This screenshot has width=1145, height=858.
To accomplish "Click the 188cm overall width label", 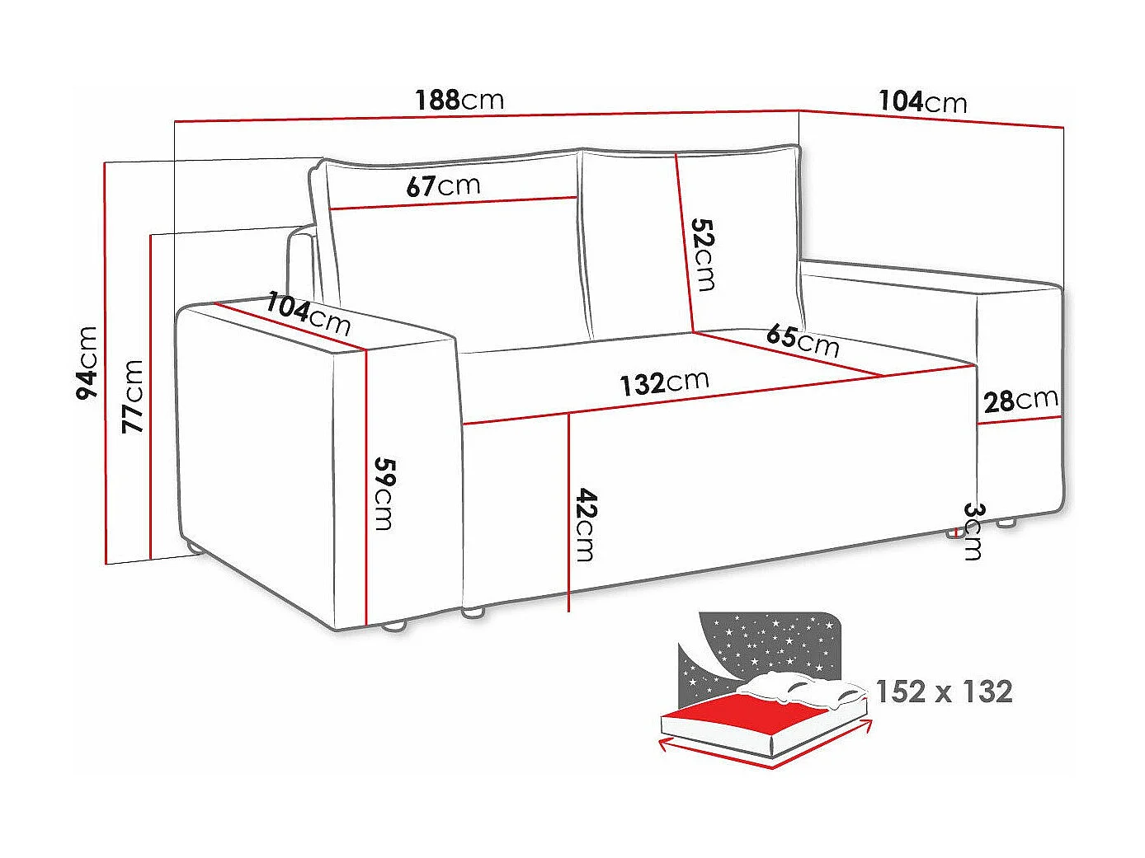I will (459, 100).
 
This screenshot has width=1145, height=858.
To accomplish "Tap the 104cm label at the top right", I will (922, 101).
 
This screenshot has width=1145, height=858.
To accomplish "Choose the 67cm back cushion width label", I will (443, 185).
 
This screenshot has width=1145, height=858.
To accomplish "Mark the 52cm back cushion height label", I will (703, 254).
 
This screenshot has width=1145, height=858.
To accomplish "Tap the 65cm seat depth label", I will (803, 340).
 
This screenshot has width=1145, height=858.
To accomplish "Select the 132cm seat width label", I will (664, 382).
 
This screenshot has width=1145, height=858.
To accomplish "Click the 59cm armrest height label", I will (384, 492).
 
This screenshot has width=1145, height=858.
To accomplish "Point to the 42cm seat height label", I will (585, 524).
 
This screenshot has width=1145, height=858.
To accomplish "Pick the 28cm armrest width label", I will (1020, 401).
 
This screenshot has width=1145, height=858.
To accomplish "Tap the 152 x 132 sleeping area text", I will (944, 691).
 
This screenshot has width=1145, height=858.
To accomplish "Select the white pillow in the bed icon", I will (800, 690).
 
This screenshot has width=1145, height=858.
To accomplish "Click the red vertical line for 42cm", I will (568, 511).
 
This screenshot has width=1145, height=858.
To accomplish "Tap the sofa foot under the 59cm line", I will (395, 626).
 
